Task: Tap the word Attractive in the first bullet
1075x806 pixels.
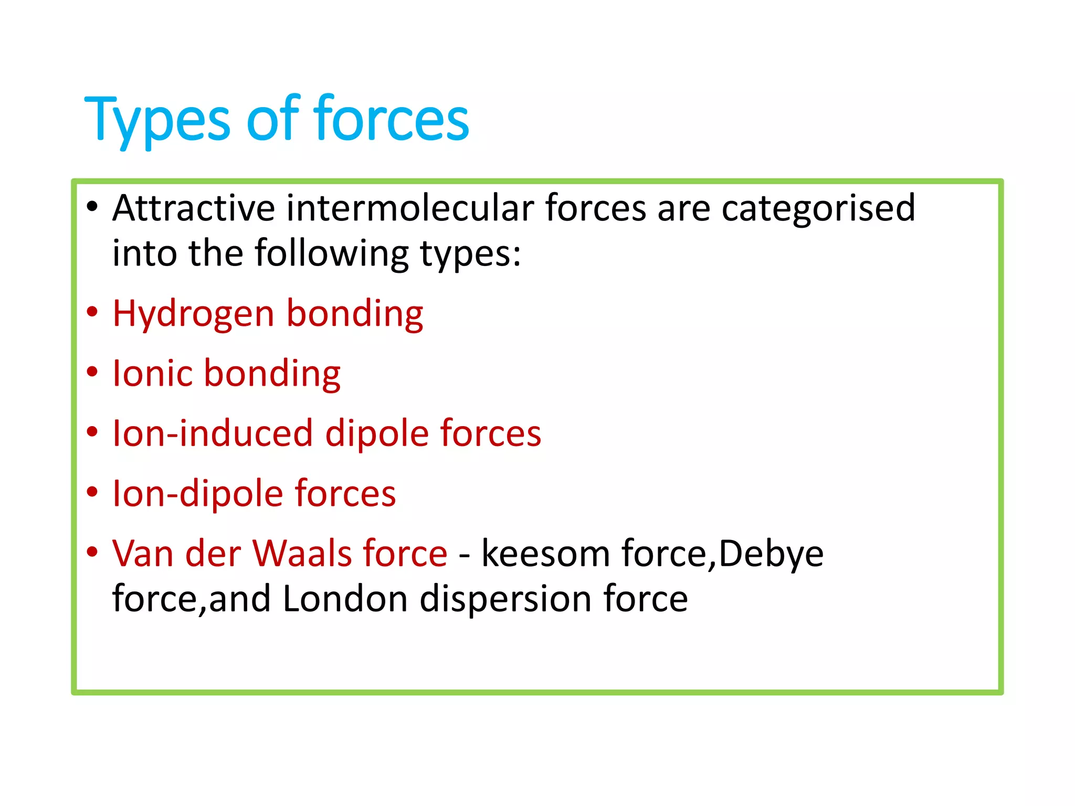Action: (194, 208)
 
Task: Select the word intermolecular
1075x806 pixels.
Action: (410, 208)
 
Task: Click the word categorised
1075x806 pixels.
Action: (818, 209)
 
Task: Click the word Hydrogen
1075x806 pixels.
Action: (194, 314)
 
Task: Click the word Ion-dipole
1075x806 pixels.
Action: (197, 494)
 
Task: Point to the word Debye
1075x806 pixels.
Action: (771, 555)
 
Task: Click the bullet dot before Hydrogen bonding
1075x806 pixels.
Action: (92, 312)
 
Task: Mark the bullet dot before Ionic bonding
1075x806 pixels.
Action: (92, 372)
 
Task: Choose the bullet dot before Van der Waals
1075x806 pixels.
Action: (92, 552)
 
